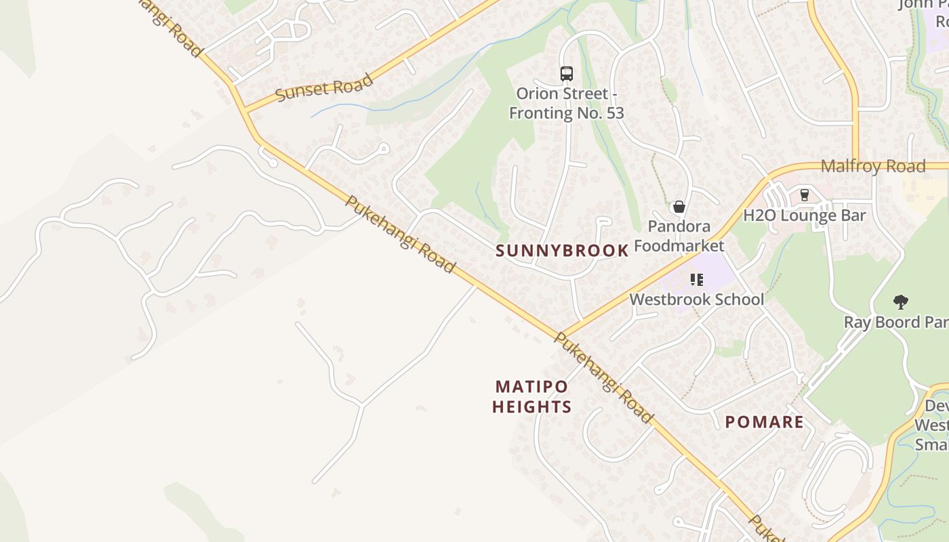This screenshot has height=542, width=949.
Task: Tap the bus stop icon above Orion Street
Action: pyautogui.click(x=566, y=73)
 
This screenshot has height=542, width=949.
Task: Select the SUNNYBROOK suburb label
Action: pyautogui.click(x=562, y=251)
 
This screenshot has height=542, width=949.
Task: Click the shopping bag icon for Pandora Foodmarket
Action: pyautogui.click(x=679, y=207)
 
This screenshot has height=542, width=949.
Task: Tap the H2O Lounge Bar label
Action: pyautogui.click(x=805, y=215)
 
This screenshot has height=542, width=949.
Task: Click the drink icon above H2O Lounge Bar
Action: pyautogui.click(x=805, y=195)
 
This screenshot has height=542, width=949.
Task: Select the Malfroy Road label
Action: pyautogui.click(x=872, y=167)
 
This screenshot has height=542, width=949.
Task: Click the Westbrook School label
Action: pyautogui.click(x=696, y=299)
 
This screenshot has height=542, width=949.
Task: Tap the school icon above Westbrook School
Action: pyautogui.click(x=696, y=279)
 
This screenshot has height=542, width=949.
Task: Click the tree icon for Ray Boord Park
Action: pyautogui.click(x=900, y=302)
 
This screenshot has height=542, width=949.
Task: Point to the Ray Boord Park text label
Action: pyautogui.click(x=895, y=322)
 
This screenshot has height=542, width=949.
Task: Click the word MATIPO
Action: pyautogui.click(x=531, y=387)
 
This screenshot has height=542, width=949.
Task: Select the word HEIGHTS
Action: pyautogui.click(x=531, y=407)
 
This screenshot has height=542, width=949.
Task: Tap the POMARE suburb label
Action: pyautogui.click(x=764, y=422)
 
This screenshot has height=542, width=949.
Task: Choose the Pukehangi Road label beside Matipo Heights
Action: pyautogui.click(x=603, y=378)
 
